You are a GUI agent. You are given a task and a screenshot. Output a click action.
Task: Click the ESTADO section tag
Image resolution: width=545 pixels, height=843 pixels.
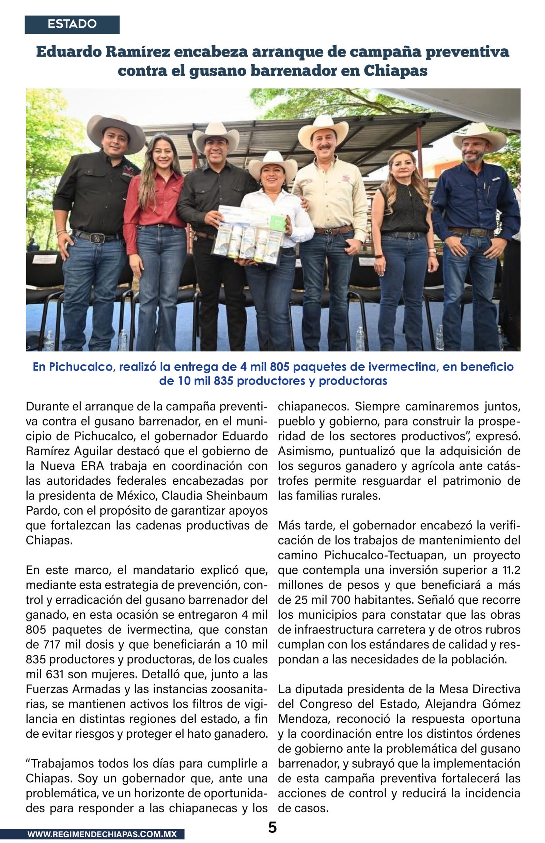[72, 24]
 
